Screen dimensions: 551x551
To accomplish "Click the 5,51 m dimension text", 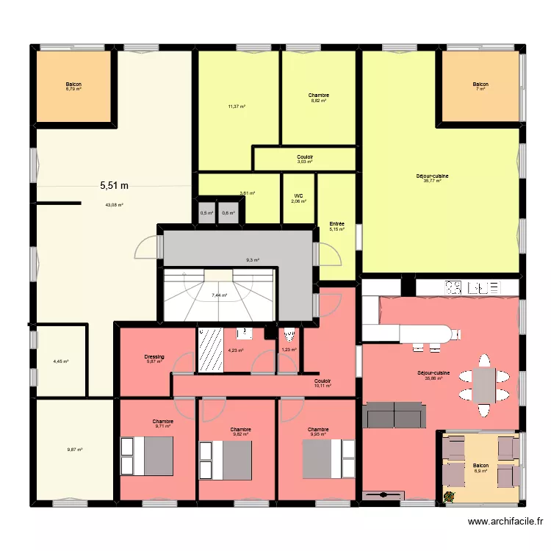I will (115, 187).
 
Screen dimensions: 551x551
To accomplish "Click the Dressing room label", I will (154, 359).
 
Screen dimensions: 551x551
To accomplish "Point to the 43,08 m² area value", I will (114, 205).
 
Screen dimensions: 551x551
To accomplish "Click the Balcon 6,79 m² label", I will (73, 87).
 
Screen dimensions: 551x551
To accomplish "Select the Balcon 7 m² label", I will (480, 87).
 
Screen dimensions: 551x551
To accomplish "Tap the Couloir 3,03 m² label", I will (305, 159).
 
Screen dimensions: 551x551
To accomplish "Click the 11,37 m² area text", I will (237, 106).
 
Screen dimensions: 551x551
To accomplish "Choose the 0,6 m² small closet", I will (228, 213).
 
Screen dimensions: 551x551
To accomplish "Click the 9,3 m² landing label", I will (251, 260).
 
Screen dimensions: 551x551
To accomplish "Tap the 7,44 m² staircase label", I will (219, 295).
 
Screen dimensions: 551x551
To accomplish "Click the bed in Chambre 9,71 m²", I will (148, 455).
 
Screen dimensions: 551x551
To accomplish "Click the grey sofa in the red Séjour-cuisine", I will (395, 415).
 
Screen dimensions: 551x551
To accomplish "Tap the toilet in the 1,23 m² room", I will (289, 336).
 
